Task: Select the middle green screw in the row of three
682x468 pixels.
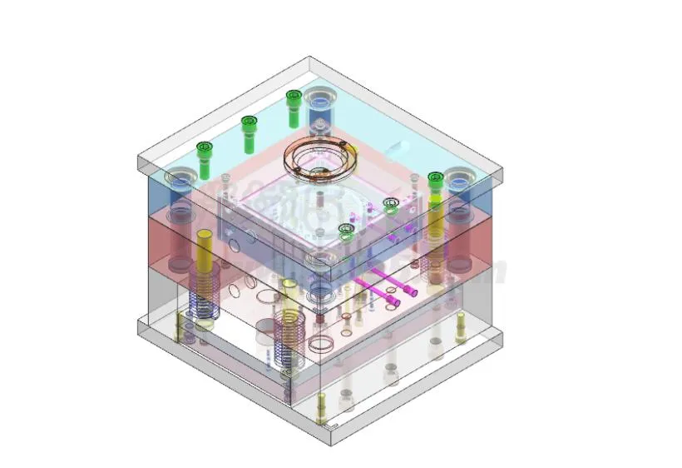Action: (248, 132)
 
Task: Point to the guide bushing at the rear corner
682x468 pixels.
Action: (319, 108)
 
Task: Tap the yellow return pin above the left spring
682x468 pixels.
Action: (203, 254)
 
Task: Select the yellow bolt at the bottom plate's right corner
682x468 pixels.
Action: (460, 329)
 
